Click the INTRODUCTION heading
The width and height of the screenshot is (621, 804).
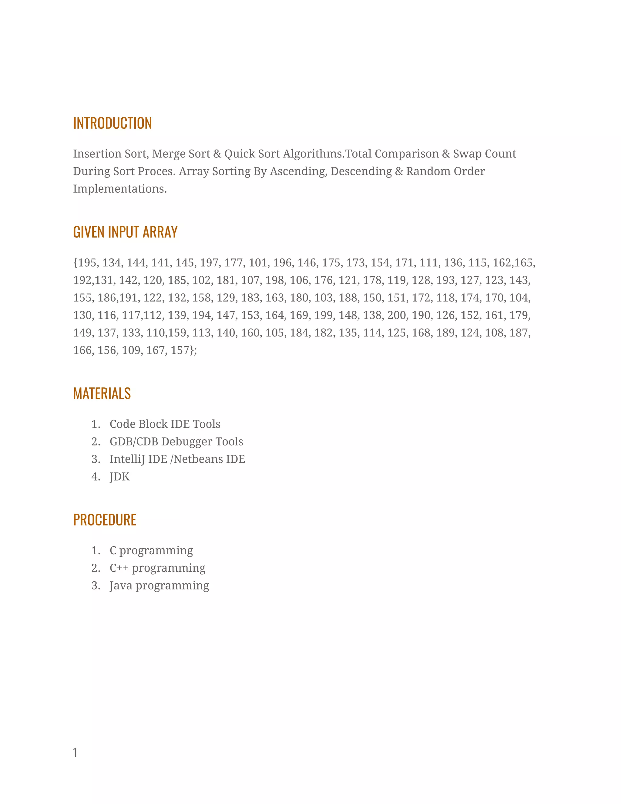click(x=112, y=123)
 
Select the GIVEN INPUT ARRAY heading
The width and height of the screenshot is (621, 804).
click(x=125, y=232)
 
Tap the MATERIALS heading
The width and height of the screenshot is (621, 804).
click(x=102, y=394)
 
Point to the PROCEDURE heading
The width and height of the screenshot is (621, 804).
click(x=105, y=520)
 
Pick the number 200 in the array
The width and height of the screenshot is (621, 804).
click(x=397, y=316)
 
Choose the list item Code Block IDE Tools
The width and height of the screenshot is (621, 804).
click(x=165, y=424)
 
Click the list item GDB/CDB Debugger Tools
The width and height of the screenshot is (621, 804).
click(x=176, y=442)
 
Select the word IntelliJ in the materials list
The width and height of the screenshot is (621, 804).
click(x=127, y=459)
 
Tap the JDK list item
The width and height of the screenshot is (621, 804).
click(x=119, y=477)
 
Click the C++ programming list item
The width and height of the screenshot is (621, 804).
click(x=157, y=568)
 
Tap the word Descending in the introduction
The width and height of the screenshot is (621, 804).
click(x=361, y=171)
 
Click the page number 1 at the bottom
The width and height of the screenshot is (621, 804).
click(x=75, y=752)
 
